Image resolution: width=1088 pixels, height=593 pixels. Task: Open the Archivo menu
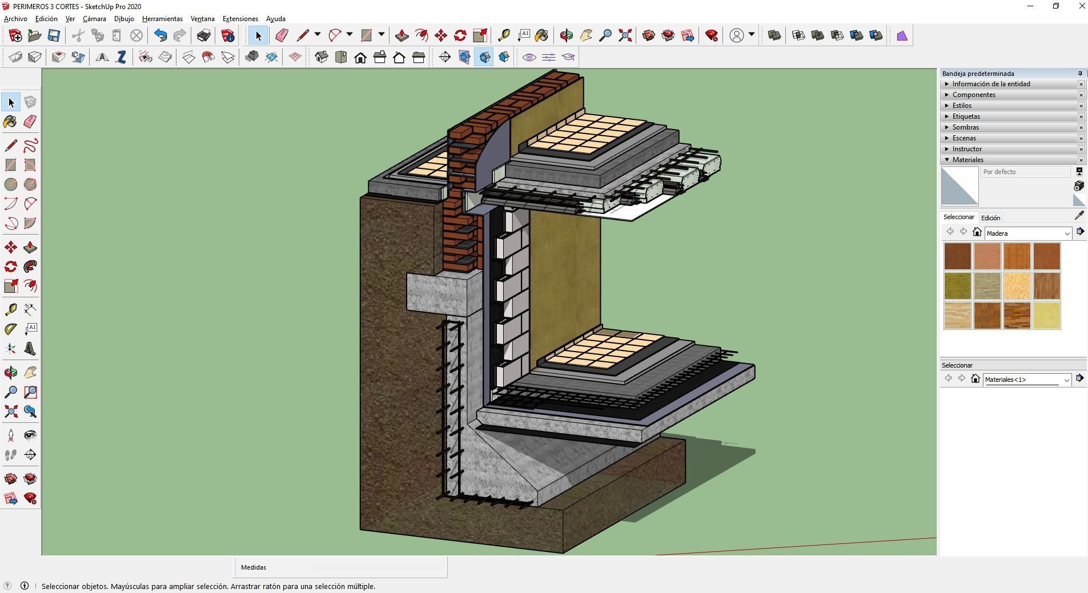(x=15, y=19)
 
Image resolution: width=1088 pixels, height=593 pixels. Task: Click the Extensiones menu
(x=240, y=19)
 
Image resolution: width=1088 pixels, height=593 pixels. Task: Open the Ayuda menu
(x=275, y=19)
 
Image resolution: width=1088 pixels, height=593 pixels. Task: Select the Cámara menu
(x=94, y=19)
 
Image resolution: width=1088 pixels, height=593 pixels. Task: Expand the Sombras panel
(x=965, y=127)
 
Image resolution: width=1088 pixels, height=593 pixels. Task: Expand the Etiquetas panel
(x=966, y=116)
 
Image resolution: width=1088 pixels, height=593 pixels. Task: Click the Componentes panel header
(x=973, y=95)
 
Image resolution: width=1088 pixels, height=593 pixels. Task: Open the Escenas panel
(x=964, y=138)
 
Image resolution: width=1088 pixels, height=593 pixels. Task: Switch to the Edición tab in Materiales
(x=990, y=218)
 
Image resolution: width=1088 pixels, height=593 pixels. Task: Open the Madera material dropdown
(x=1066, y=233)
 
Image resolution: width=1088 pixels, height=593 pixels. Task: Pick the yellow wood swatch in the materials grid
(x=1046, y=316)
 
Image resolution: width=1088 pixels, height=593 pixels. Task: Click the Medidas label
(x=254, y=567)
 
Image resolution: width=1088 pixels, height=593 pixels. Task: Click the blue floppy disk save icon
(x=54, y=35)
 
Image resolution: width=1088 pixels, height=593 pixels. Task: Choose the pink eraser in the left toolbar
(x=30, y=121)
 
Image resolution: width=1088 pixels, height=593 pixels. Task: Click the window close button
(x=1081, y=6)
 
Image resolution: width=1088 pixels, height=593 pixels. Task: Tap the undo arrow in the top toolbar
(x=160, y=35)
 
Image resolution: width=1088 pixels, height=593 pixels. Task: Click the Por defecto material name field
(x=1025, y=172)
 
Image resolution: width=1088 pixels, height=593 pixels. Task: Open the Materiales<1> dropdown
(x=1066, y=380)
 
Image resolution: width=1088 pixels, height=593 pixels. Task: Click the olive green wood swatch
(x=957, y=286)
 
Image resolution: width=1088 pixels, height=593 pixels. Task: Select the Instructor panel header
(x=966, y=149)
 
